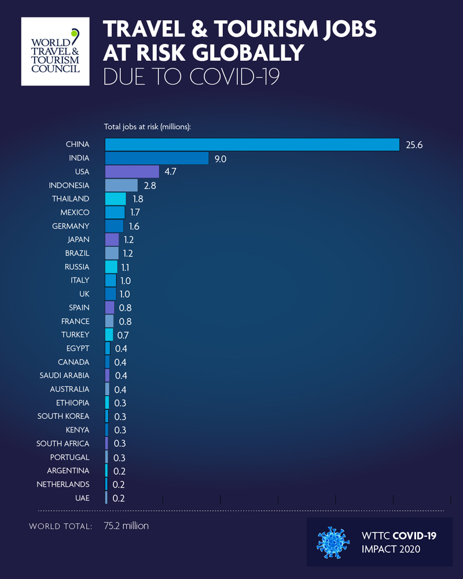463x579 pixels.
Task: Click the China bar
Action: pyautogui.click(x=252, y=145)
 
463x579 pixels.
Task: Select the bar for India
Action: pyautogui.click(x=156, y=158)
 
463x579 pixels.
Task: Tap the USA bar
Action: pyautogui.click(x=132, y=171)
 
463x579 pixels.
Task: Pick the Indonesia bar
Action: pyautogui.click(x=122, y=185)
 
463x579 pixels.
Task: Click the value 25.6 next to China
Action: pyautogui.click(x=414, y=145)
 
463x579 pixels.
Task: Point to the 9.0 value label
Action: pyautogui.click(x=220, y=158)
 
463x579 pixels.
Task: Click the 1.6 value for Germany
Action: pyautogui.click(x=134, y=226)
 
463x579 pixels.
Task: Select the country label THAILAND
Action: pyautogui.click(x=71, y=199)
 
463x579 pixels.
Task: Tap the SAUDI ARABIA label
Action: pyautogui.click(x=64, y=376)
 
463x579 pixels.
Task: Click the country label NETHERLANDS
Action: pyautogui.click(x=63, y=484)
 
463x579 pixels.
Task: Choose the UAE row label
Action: pyautogui.click(x=82, y=498)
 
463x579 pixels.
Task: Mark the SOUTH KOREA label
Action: pyautogui.click(x=64, y=416)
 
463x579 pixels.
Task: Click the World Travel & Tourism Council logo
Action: pyautogui.click(x=56, y=52)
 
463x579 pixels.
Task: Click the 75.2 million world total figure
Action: pyautogui.click(x=126, y=526)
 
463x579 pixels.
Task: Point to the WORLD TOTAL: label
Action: pyautogui.click(x=60, y=526)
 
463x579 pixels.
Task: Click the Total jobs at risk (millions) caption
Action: pyautogui.click(x=148, y=126)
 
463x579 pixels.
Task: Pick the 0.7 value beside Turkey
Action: pyautogui.click(x=121, y=335)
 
